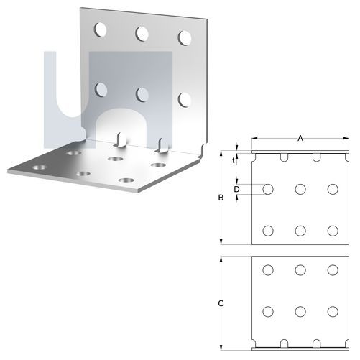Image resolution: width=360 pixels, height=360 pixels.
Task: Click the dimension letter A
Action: (300, 138)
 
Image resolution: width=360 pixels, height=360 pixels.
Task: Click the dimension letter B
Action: (221, 198)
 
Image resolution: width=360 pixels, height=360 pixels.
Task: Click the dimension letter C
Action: (221, 303)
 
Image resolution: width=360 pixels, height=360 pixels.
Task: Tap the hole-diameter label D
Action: (236, 190)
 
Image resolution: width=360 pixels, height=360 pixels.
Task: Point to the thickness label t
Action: (234, 161)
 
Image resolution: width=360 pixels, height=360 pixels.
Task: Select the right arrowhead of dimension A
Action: (346, 138)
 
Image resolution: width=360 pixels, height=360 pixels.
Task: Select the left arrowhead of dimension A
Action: (254, 138)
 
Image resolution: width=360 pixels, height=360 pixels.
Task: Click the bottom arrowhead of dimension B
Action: (221, 241)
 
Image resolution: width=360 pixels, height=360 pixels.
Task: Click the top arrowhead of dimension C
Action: (221, 259)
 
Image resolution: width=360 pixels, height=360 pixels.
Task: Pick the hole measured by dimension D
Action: (268, 189)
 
